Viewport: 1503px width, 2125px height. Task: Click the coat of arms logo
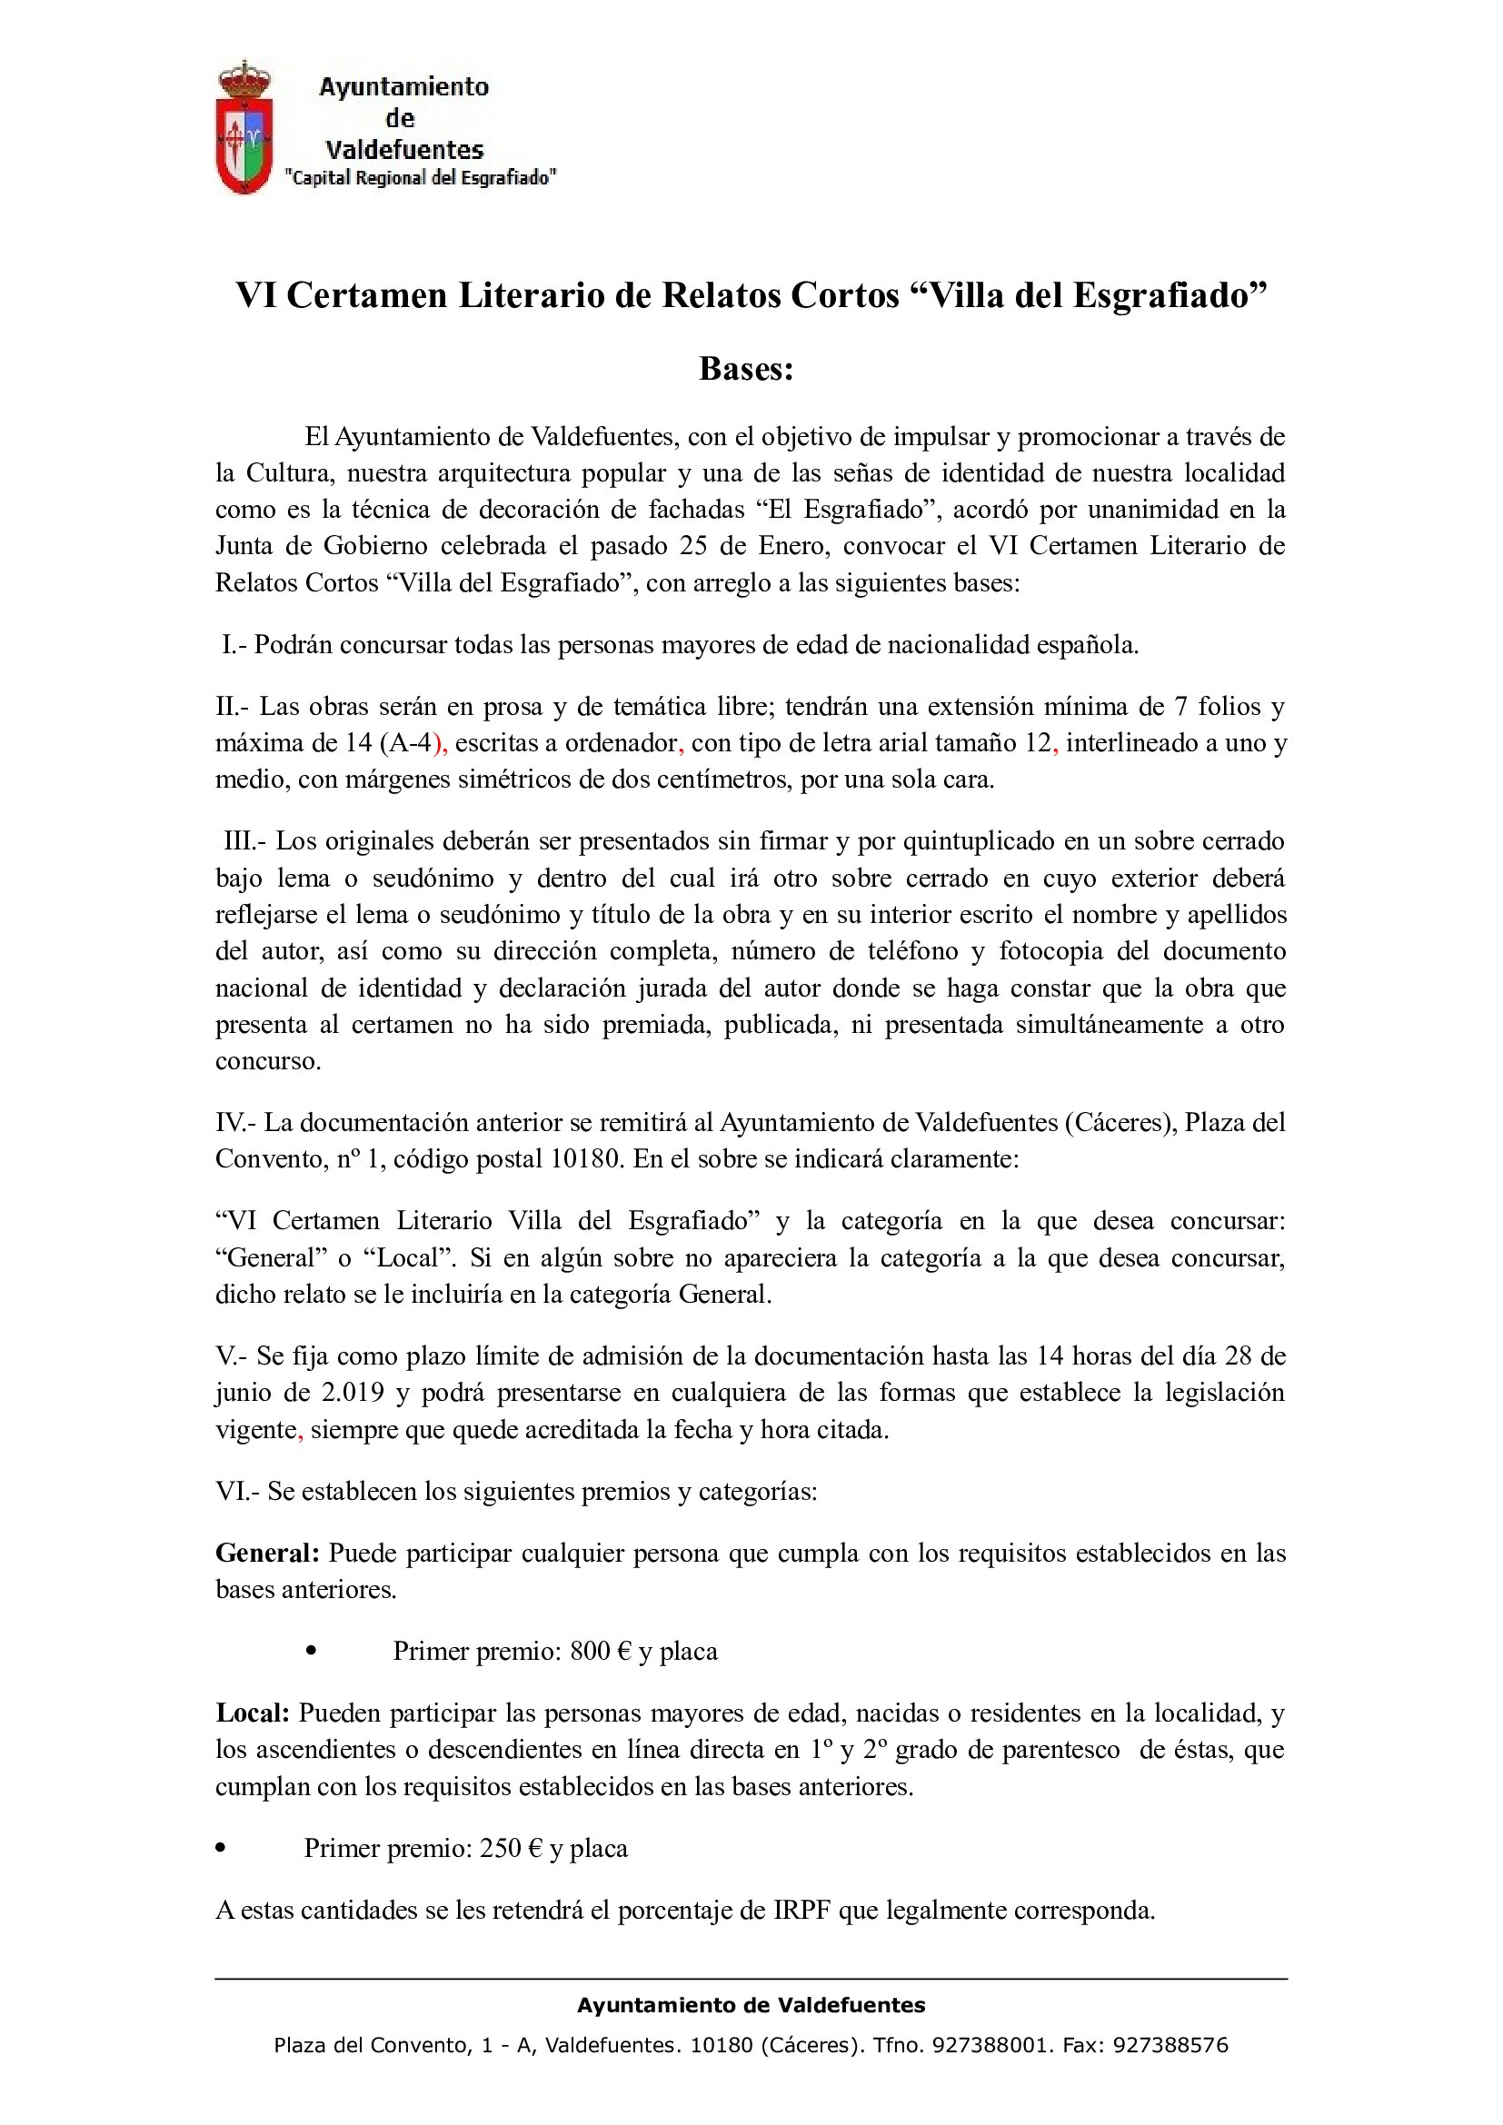244,129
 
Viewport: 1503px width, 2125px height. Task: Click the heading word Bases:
746,368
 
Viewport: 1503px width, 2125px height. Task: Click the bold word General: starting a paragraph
267,1552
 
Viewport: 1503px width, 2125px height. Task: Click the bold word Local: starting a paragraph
253,1713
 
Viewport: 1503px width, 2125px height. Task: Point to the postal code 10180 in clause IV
586,1158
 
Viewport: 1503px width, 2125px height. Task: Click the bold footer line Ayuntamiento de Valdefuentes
751,2006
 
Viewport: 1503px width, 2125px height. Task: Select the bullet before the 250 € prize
220,1849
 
